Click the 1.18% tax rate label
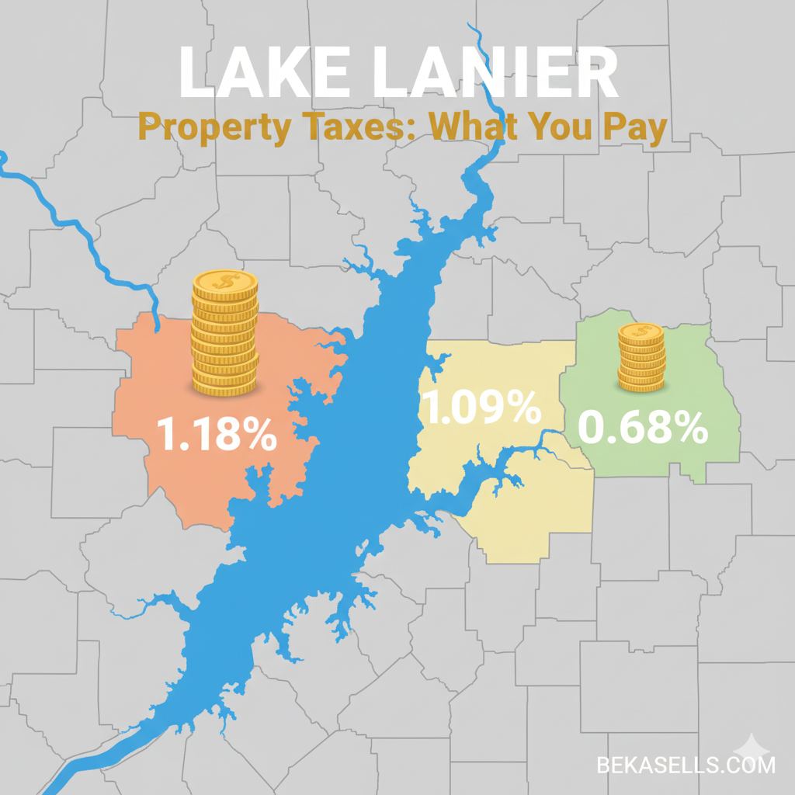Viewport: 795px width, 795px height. [x=217, y=435]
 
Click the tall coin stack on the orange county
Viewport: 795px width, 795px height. [x=225, y=333]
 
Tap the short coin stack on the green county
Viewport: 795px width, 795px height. [x=641, y=358]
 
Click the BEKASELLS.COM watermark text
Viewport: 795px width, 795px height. [x=686, y=765]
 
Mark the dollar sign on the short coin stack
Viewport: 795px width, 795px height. [x=641, y=332]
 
